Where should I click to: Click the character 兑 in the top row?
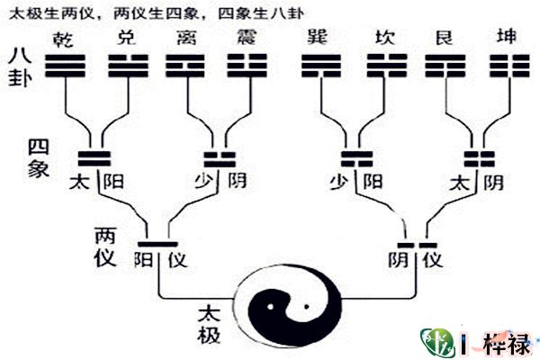[x=127, y=40]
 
